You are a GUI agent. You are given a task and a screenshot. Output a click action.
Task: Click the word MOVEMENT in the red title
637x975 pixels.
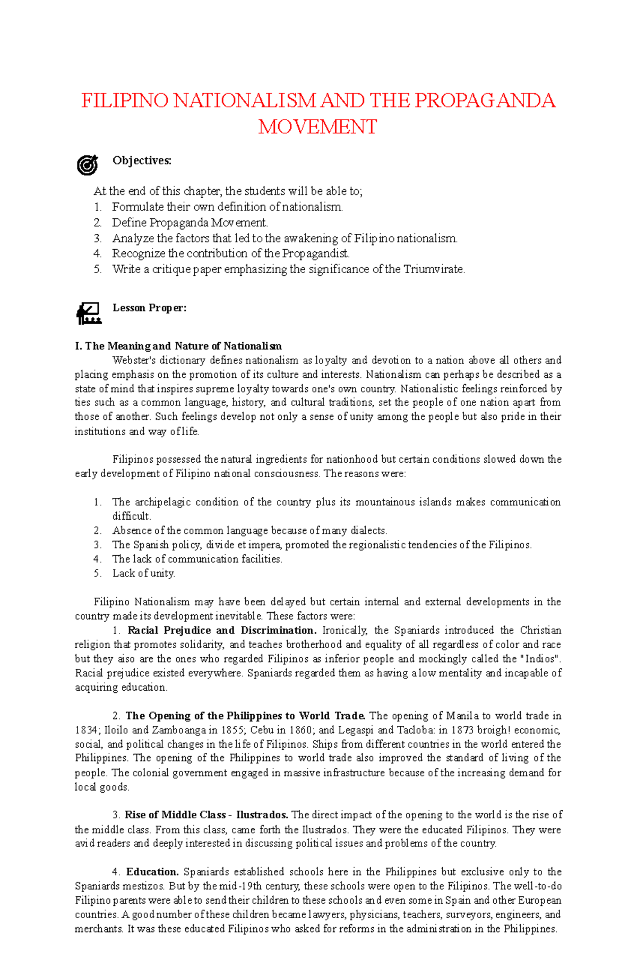[317, 127]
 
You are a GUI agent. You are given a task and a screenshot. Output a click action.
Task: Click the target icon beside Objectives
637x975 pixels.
[88, 165]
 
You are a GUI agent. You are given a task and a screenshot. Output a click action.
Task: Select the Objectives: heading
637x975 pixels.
[142, 160]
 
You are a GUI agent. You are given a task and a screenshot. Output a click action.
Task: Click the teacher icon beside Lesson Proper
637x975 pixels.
[88, 313]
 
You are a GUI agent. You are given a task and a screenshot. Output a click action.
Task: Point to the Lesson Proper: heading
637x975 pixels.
[149, 308]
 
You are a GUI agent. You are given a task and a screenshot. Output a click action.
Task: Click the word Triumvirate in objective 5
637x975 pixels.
[434, 269]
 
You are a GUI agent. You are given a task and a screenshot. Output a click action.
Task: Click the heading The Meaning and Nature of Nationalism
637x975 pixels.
[178, 346]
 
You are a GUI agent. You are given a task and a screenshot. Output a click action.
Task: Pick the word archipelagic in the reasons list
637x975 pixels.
[162, 502]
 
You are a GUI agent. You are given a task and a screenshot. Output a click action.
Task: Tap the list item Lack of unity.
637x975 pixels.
[143, 573]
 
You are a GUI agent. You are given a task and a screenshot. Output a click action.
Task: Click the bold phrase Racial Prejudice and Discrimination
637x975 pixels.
[222, 631]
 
